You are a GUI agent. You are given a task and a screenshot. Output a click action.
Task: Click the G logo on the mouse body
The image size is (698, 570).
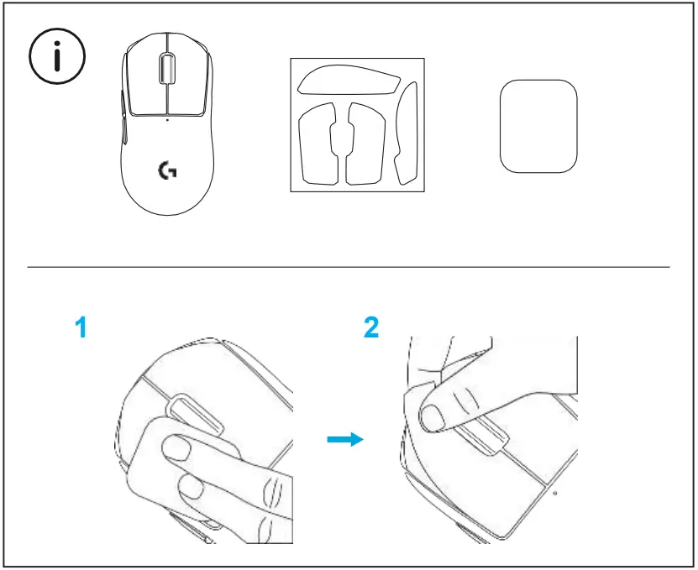coord(167,170)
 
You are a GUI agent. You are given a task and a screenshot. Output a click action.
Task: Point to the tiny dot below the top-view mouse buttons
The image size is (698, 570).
coord(166,120)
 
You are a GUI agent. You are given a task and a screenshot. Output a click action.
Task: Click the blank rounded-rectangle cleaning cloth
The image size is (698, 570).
coord(538,126)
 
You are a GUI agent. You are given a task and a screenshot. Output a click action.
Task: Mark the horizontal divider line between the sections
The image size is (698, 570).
coord(349,268)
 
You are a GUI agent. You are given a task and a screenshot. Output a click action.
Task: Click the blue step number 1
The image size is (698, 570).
coord(81,328)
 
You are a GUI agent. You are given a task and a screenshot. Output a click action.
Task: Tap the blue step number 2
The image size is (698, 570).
coord(370,328)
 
